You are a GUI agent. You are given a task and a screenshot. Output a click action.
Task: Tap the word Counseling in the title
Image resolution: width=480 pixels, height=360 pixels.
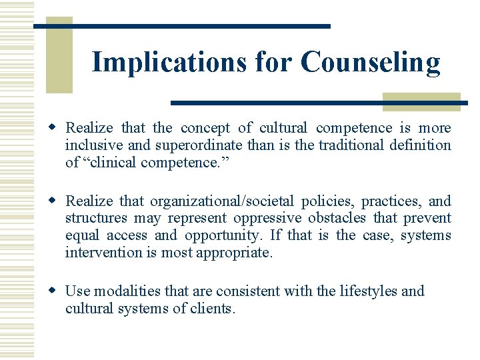click(370, 62)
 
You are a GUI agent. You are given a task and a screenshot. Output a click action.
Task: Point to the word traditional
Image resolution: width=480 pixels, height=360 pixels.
click(348, 145)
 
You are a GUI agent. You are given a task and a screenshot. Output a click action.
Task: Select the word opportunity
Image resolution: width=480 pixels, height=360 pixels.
click(222, 236)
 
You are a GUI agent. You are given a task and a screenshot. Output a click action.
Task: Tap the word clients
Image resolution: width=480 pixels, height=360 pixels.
click(213, 309)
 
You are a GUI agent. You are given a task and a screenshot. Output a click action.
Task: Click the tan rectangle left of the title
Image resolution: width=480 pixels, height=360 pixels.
click(59, 55)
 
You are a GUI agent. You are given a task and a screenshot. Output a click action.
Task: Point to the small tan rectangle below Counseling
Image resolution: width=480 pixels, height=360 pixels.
click(421, 101)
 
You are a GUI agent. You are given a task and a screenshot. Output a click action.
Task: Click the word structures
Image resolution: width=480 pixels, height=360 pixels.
click(95, 219)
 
